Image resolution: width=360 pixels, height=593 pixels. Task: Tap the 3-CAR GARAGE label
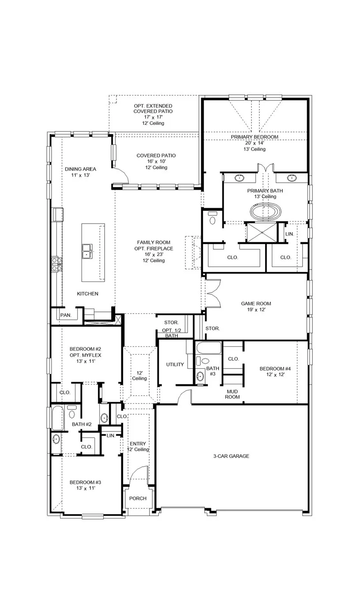(x=231, y=456)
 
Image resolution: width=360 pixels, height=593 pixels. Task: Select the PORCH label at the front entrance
(x=138, y=499)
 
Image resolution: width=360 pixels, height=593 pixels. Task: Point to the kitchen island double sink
(x=87, y=251)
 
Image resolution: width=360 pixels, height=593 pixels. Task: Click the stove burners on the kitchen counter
(x=56, y=264)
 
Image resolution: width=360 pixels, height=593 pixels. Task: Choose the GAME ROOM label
(x=256, y=304)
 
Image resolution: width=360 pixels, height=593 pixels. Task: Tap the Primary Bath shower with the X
(x=262, y=233)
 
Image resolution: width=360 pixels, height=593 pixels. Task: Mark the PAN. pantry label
(x=66, y=315)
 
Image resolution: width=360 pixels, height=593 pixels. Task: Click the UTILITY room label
(x=175, y=364)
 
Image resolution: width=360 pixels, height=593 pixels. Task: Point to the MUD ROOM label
(x=232, y=394)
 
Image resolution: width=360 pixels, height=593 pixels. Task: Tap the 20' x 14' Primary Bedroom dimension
(x=254, y=143)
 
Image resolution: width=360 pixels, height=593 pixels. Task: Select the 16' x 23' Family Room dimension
(x=154, y=255)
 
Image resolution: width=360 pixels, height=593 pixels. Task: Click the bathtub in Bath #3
(x=209, y=348)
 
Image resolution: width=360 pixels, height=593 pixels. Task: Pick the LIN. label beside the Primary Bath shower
(x=289, y=234)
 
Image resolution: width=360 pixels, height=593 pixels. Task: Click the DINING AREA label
(x=80, y=169)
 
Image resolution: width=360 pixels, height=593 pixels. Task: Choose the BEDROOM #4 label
(x=275, y=369)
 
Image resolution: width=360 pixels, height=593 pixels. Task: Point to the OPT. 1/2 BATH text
(x=172, y=333)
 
